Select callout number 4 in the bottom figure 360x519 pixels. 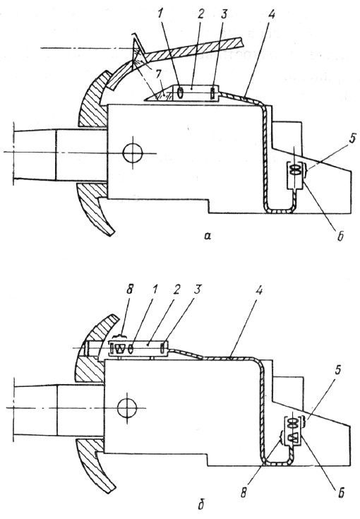pyautogui.click(x=259, y=292)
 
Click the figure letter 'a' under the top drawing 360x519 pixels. pyautogui.click(x=208, y=236)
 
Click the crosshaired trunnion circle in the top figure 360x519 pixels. pyautogui.click(x=133, y=153)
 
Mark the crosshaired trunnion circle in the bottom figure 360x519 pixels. pyautogui.click(x=127, y=408)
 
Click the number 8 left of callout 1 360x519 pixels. pyautogui.click(x=130, y=290)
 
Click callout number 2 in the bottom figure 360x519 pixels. pyautogui.click(x=176, y=290)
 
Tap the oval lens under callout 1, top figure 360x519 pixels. pyautogui.click(x=180, y=93)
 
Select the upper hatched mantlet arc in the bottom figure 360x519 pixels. pyautogui.click(x=95, y=342)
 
